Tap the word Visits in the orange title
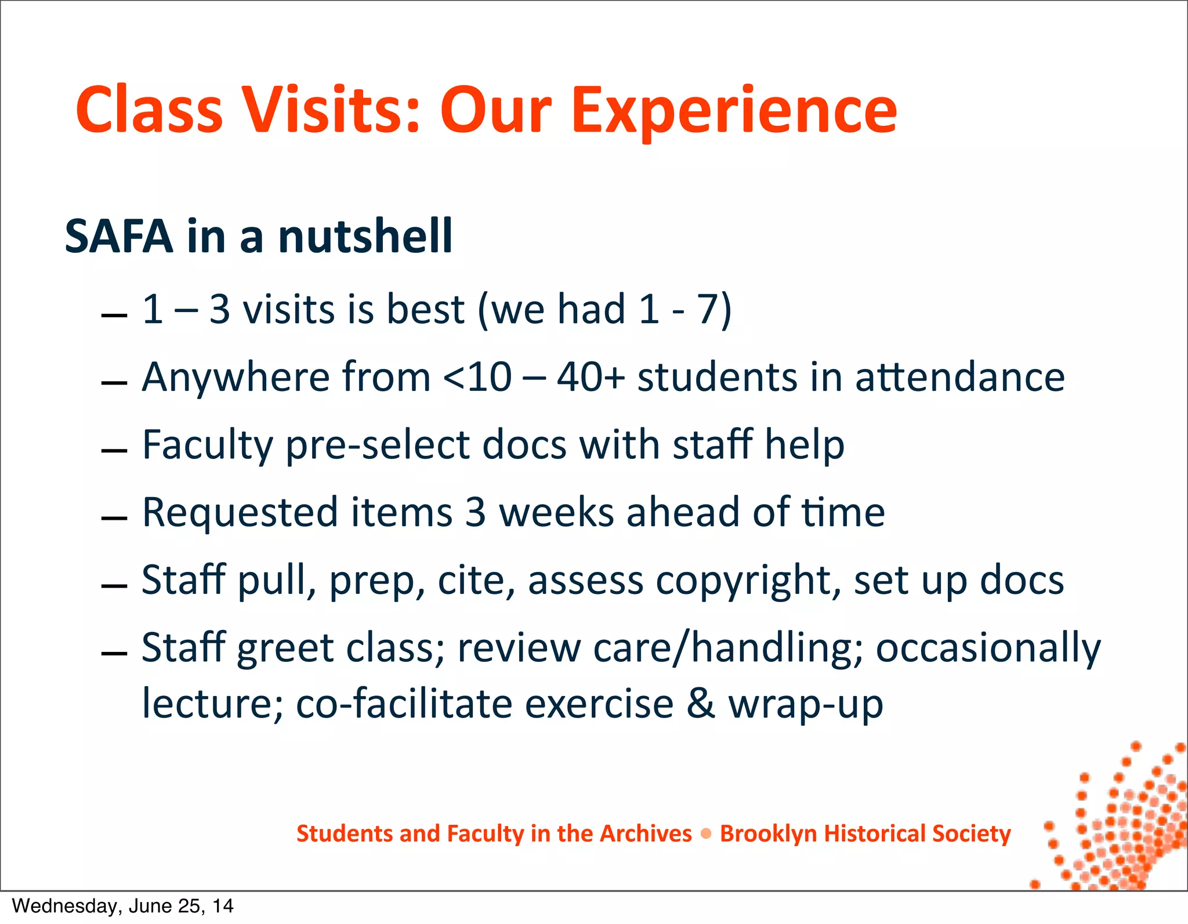click(x=330, y=110)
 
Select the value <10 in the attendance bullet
click(x=477, y=378)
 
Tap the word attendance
click(x=960, y=378)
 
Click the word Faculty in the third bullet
click(x=207, y=445)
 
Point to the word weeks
click(x=556, y=513)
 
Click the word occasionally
click(x=988, y=648)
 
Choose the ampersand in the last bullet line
click(x=701, y=704)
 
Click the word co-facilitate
click(x=404, y=704)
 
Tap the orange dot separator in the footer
click(x=706, y=834)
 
